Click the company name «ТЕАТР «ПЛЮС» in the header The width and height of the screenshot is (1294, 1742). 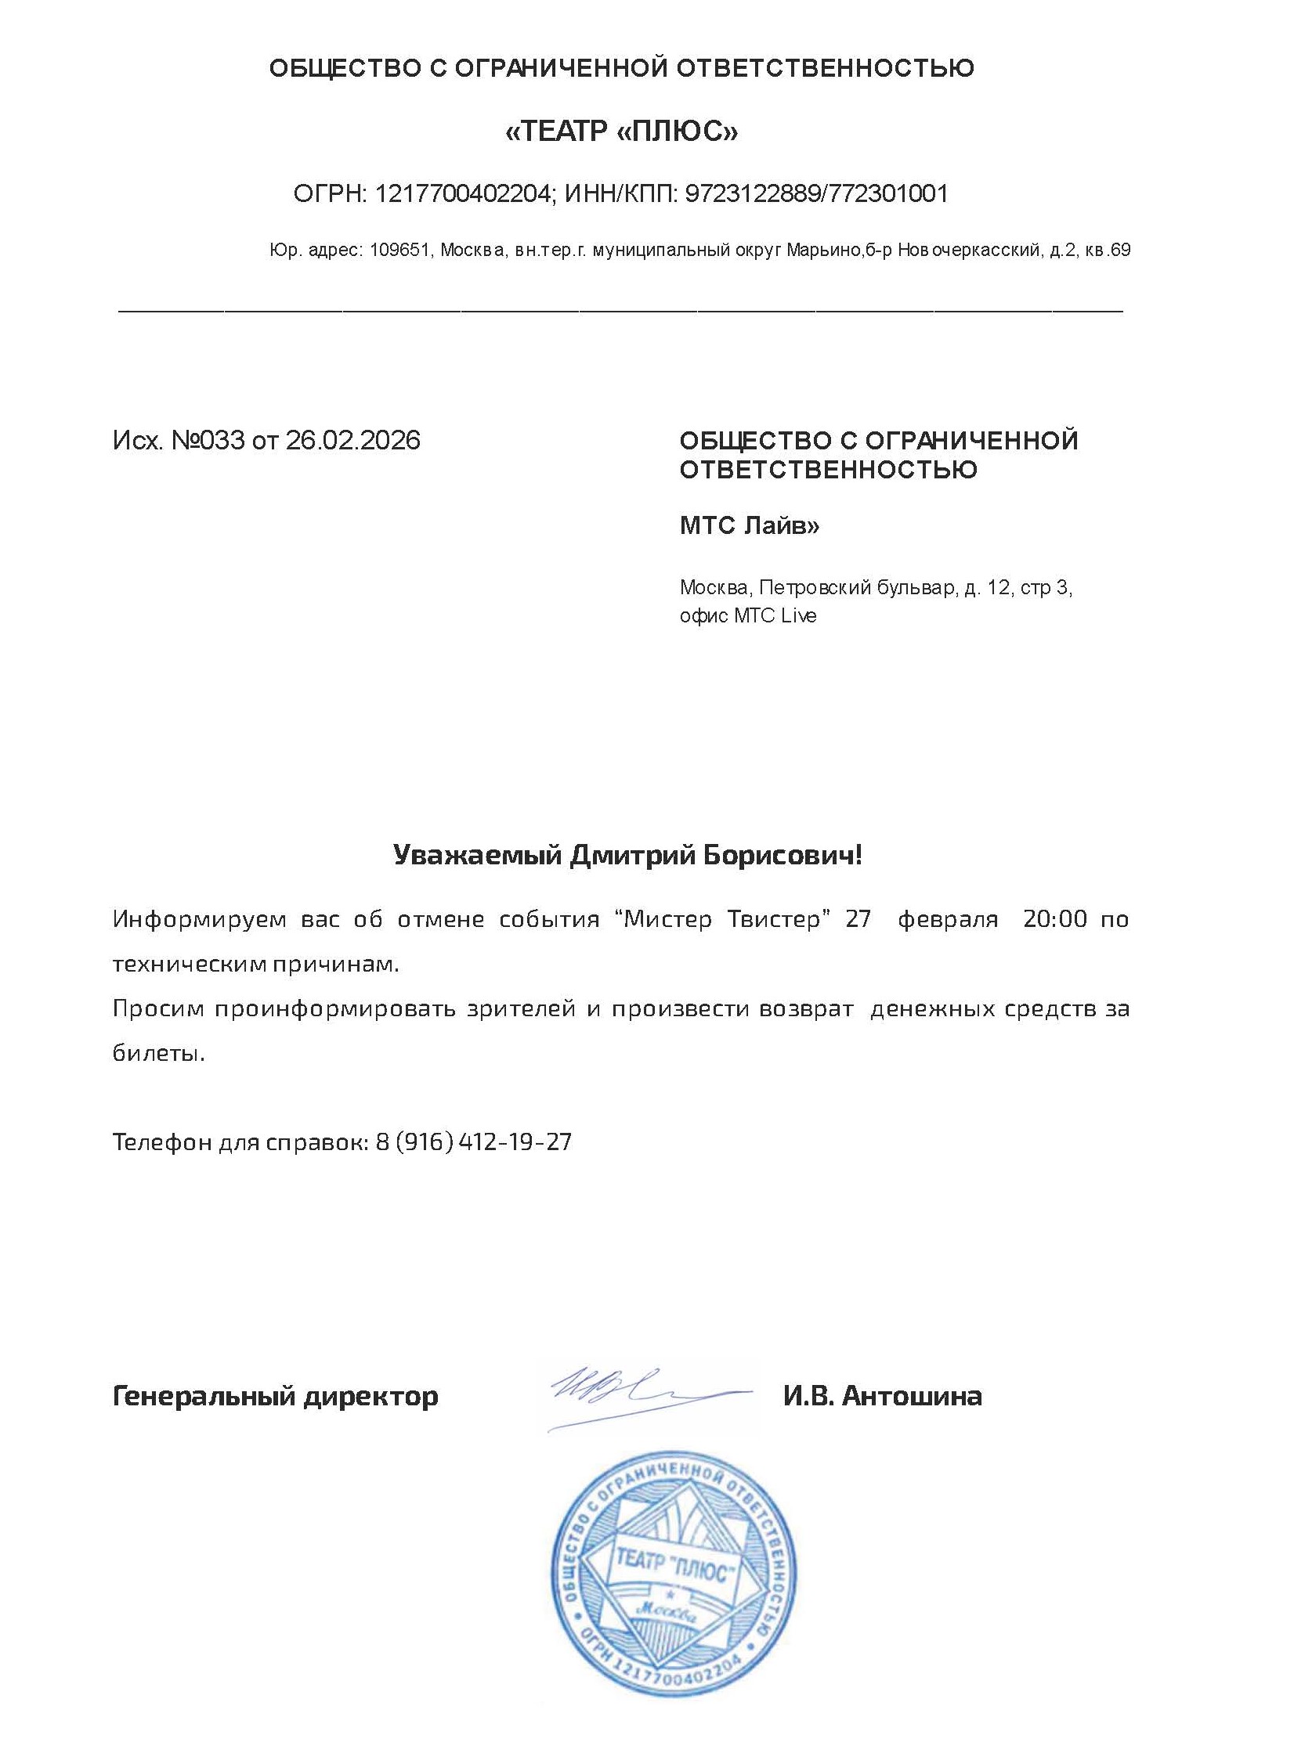tap(621, 132)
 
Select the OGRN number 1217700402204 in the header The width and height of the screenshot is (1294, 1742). tap(464, 193)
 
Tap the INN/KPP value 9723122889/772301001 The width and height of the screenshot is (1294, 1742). tap(816, 193)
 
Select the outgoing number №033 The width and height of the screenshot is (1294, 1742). tap(208, 441)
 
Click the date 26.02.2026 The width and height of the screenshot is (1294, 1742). tap(352, 441)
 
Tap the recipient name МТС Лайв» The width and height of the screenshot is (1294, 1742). tap(749, 525)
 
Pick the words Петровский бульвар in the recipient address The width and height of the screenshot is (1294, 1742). tap(858, 588)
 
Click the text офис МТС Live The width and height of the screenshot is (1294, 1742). tap(747, 616)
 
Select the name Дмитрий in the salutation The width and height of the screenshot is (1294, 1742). tap(631, 855)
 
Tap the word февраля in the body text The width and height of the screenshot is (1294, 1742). tap(948, 918)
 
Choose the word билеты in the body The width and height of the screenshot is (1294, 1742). tap(157, 1053)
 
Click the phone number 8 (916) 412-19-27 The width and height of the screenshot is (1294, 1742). tap(473, 1142)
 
